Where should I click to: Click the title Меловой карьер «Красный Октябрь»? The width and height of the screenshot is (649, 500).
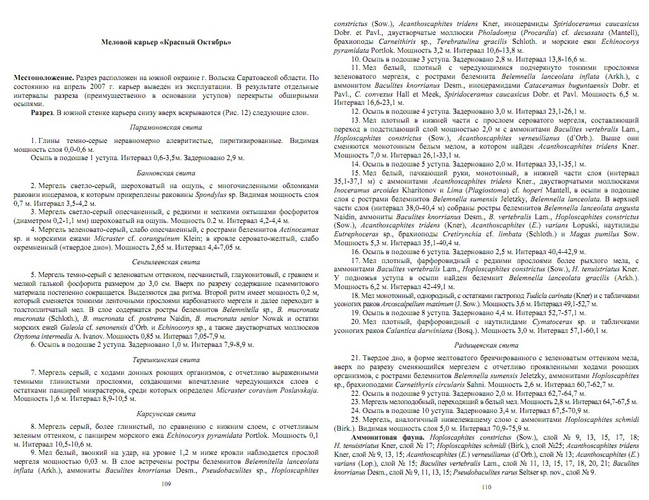pos(166,42)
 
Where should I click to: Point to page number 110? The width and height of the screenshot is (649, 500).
pos(487,487)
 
